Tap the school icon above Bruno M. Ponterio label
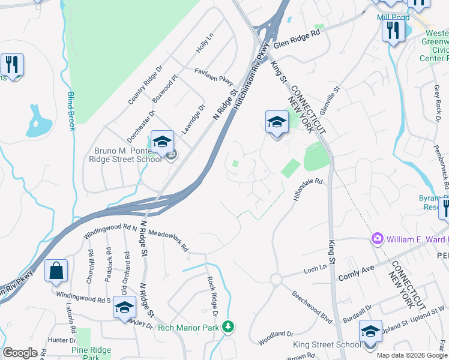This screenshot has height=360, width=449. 162,142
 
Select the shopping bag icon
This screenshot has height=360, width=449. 56,271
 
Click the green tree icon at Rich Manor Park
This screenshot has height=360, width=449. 228,327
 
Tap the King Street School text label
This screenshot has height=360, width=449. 327,344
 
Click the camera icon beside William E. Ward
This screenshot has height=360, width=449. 378,239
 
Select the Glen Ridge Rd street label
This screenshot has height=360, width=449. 297,40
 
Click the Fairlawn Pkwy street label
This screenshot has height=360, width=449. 213,74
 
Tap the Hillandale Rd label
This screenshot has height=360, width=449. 308,190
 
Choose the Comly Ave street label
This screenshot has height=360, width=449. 356,275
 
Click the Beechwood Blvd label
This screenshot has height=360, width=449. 312,307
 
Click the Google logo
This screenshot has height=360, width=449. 20,353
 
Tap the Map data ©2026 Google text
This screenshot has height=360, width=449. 411,355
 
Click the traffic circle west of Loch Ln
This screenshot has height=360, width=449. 277,280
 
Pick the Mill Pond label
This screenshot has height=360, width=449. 393,17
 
